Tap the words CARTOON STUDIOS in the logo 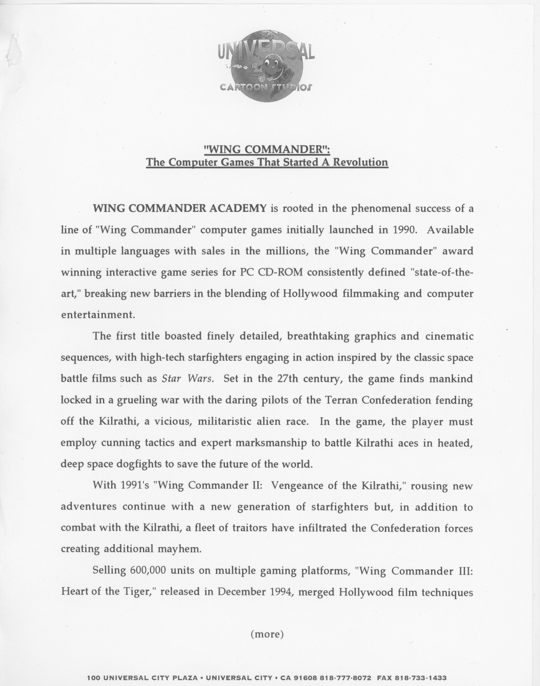[266, 87]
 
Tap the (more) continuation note [267, 634]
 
